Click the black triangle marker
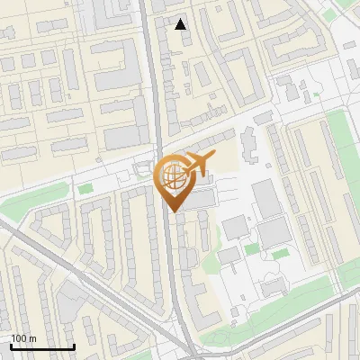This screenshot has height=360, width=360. (x=181, y=24)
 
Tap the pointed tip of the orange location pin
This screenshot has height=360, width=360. (x=173, y=211)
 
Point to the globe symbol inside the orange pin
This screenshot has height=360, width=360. (x=172, y=176)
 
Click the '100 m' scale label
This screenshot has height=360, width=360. (x=23, y=338)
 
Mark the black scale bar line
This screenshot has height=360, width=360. (x=41, y=346)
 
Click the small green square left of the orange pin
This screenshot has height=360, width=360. (x=85, y=189)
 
